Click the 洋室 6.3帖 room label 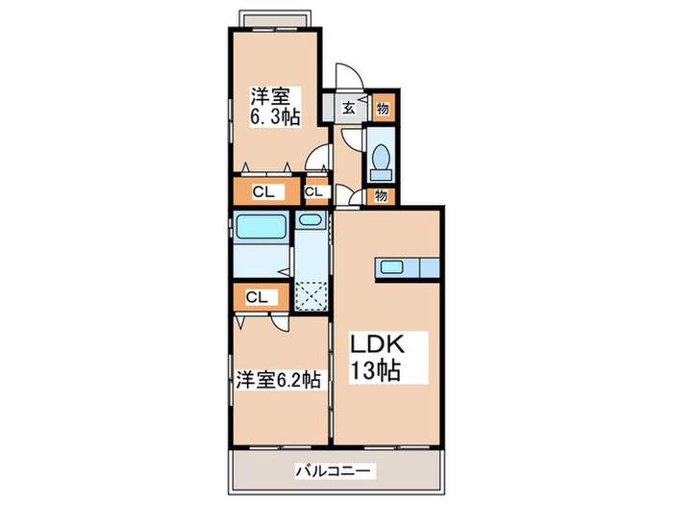coord(275,107)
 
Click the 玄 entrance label coord(347,108)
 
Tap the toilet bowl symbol coord(381,162)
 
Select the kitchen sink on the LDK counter coord(391,266)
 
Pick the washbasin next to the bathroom coord(310,220)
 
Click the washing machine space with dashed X coord(310,293)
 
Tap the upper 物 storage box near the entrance coord(381,107)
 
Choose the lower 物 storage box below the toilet coord(381,196)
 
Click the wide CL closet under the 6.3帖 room coord(265,191)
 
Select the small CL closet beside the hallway coord(313,191)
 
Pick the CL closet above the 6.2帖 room coord(256,297)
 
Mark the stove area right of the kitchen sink coord(423,266)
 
